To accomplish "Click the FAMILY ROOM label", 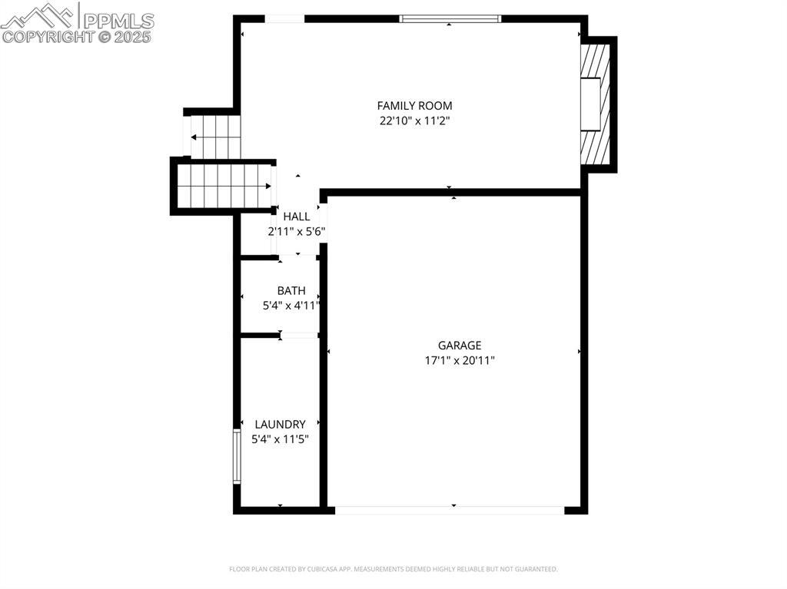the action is tap(414, 106).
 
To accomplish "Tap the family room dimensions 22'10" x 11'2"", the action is tap(414, 121).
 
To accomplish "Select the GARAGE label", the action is tap(460, 345).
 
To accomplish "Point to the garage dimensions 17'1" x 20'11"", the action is tap(460, 360).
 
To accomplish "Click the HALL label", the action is tap(297, 217).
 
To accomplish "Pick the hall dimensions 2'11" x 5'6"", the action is tap(297, 232).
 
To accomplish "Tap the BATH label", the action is tap(291, 290).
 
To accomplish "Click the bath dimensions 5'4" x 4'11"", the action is tap(291, 306).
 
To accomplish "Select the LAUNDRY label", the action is tap(280, 425).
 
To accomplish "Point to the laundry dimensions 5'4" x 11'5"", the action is tap(280, 439).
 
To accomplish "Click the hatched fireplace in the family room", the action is tap(596, 104).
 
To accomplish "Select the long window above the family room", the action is tap(450, 19).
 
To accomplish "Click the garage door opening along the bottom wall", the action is tap(450, 510).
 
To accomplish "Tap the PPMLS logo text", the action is tap(118, 21).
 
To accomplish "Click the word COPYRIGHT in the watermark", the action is tap(48, 37).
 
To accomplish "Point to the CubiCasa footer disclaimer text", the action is tap(393, 569).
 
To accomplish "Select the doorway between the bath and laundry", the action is tap(299, 335).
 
